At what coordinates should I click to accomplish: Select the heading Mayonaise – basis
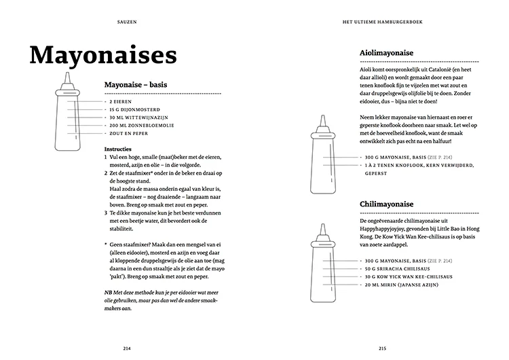[136, 85]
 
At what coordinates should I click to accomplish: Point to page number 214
[127, 348]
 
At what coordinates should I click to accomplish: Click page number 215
[382, 348]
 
